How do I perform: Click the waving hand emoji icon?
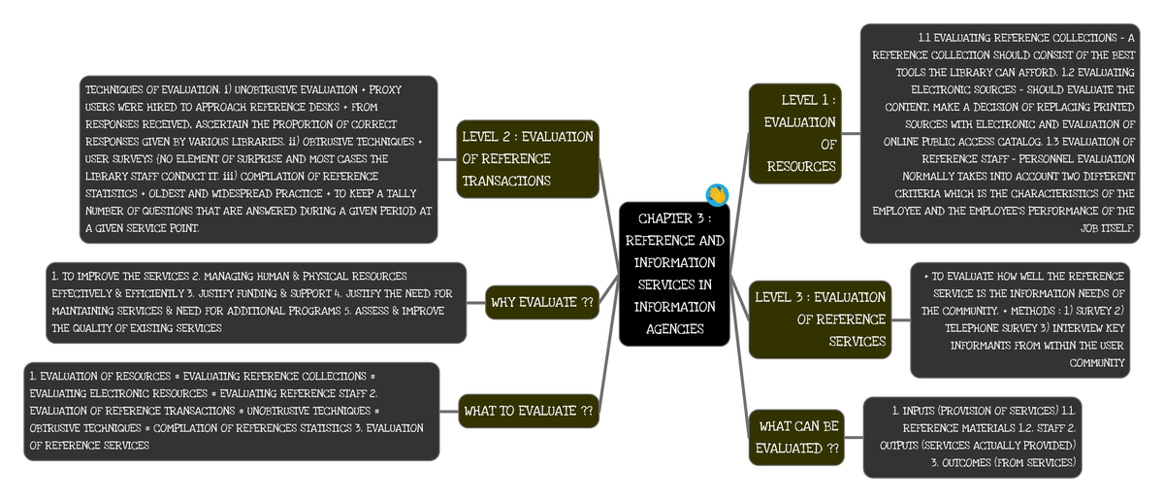[717, 194]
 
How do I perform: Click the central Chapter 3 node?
[674, 274]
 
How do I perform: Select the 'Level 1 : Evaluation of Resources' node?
[794, 133]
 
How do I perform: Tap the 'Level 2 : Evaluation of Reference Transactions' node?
[528, 158]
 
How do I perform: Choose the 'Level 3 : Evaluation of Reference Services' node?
[820, 318]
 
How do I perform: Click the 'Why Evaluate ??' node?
[541, 302]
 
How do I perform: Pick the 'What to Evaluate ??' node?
[528, 411]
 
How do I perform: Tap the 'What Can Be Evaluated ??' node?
[796, 437]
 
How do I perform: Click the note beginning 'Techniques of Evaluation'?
[258, 158]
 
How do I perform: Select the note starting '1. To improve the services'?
[256, 302]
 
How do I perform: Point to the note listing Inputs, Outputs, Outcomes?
[972, 436]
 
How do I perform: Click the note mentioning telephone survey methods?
[1019, 319]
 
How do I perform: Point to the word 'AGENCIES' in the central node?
[674, 329]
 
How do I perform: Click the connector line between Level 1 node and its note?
[851, 133]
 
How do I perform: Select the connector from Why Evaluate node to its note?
[475, 302]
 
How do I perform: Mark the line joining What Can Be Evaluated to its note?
[854, 437]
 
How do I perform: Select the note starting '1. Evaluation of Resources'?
[231, 411]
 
